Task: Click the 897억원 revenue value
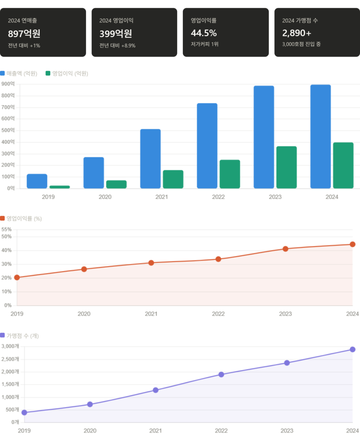[24, 34]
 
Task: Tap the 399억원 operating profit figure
[116, 34]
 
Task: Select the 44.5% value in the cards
[204, 33]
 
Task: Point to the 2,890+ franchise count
[297, 33]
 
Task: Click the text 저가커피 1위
[204, 44]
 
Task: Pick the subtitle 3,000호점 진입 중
[301, 44]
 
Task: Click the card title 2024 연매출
[22, 21]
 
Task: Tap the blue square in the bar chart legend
[3, 73]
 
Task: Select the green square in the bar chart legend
[48, 73]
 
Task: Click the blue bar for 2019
[37, 181]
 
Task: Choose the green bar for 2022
[230, 174]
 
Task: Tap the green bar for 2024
[343, 165]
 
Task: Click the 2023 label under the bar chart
[275, 197]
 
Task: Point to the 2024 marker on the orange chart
[353, 244]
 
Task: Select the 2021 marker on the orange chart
[151, 262]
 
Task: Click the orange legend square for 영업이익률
[3, 218]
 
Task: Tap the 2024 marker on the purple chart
[353, 349]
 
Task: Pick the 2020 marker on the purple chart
[90, 404]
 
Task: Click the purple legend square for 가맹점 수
[3, 336]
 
